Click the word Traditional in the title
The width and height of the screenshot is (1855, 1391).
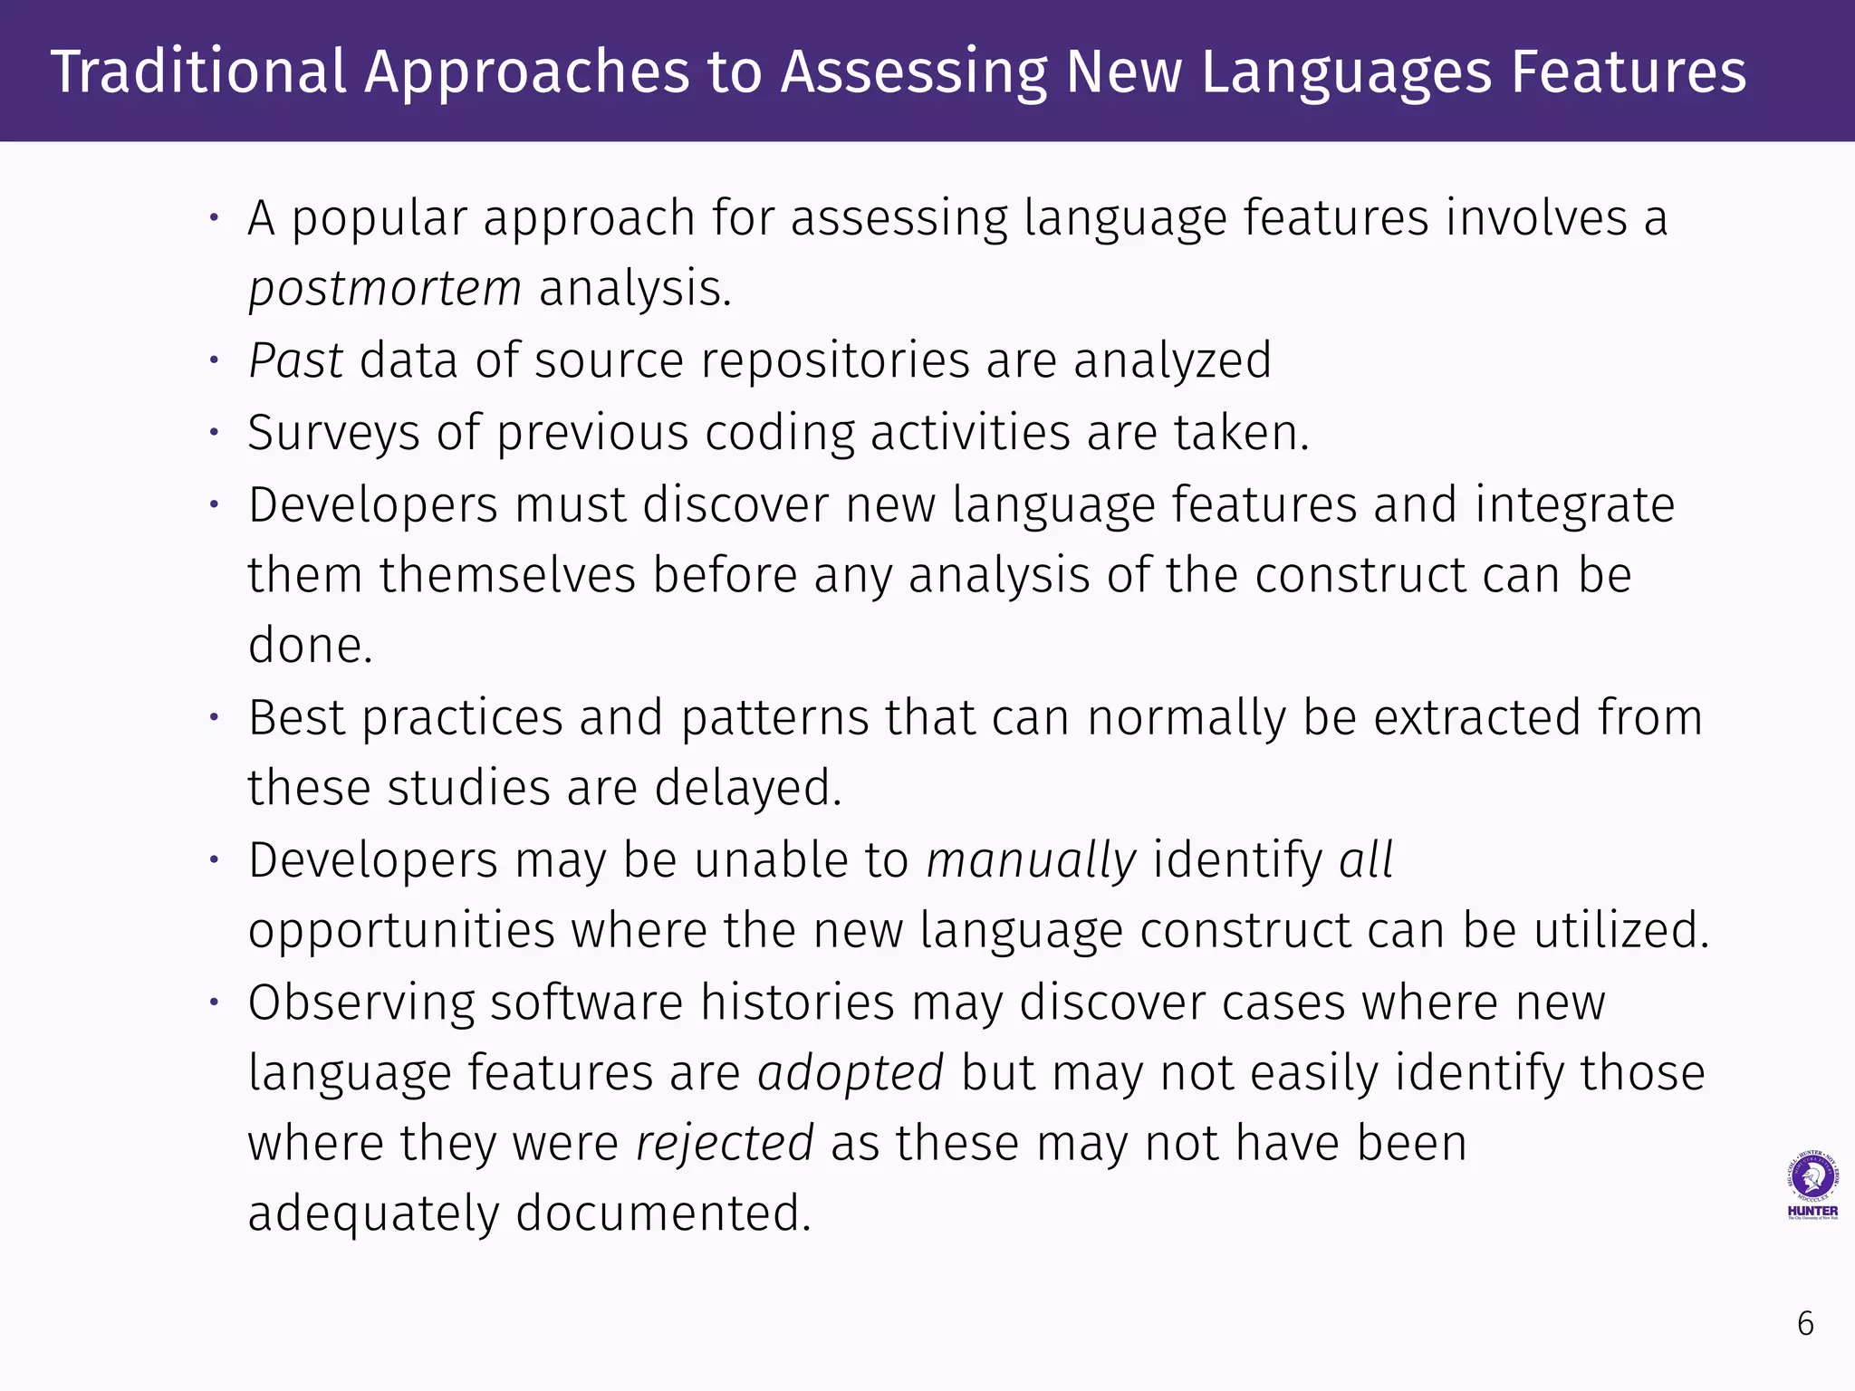pyautogui.click(x=198, y=72)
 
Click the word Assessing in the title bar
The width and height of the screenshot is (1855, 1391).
pyautogui.click(x=914, y=72)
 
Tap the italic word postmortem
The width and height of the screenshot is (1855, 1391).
pyautogui.click(x=385, y=289)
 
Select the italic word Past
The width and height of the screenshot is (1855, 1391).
pyautogui.click(x=295, y=360)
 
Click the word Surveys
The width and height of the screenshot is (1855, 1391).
pyautogui.click(x=333, y=432)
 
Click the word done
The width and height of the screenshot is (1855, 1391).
pyautogui.click(x=310, y=646)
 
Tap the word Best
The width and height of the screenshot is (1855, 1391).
pyautogui.click(x=296, y=717)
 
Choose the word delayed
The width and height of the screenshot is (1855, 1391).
pyautogui.click(x=748, y=787)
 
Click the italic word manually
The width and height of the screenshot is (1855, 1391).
pyautogui.click(x=1031, y=859)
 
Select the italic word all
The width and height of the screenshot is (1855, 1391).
pyautogui.click(x=1366, y=859)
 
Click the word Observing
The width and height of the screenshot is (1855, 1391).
pyautogui.click(x=361, y=1002)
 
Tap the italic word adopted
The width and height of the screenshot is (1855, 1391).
pyautogui.click(x=851, y=1072)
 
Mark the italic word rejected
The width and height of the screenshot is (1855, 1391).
pyautogui.click(x=725, y=1143)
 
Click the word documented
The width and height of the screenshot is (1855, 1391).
pyautogui.click(x=663, y=1214)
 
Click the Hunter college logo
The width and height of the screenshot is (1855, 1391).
pyautogui.click(x=1812, y=1185)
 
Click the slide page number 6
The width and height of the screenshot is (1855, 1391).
pyautogui.click(x=1805, y=1324)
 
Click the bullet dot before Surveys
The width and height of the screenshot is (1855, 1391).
pyautogui.click(x=215, y=433)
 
